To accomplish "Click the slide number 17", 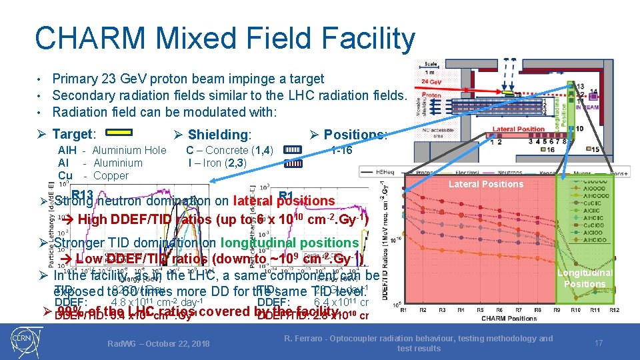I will click(598, 343).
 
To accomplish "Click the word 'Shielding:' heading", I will click(220, 135).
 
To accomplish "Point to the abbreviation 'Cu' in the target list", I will click(65, 176).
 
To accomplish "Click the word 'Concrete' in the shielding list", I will click(225, 150).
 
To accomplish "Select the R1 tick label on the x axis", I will click(403, 310).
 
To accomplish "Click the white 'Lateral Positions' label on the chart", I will click(485, 184).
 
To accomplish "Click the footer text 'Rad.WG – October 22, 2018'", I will click(159, 343).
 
